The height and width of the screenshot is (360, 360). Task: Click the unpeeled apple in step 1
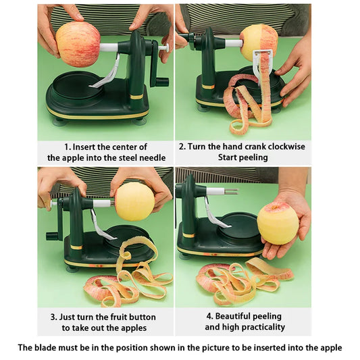tap(78, 44)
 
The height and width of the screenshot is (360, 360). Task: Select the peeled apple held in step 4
tap(278, 223)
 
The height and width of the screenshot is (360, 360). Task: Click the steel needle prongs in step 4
tap(232, 192)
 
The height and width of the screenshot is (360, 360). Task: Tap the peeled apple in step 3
tap(134, 201)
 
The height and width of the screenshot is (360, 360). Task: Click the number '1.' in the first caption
tap(68, 147)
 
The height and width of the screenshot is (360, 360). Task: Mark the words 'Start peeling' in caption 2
tap(242, 157)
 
